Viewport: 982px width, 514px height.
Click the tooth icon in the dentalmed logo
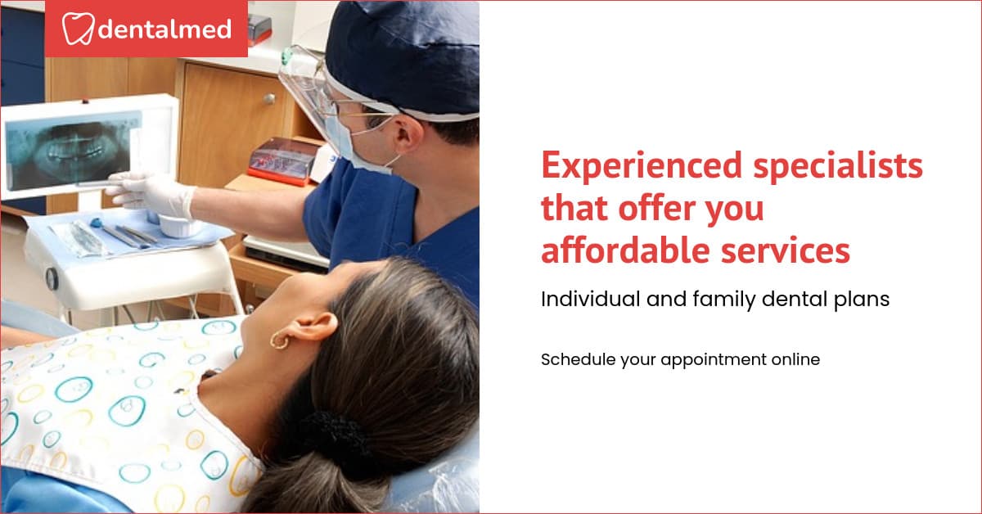point(78,29)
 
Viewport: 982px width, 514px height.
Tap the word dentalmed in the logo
point(164,30)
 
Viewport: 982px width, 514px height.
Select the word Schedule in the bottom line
point(570,359)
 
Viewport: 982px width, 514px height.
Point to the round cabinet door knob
point(268,99)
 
